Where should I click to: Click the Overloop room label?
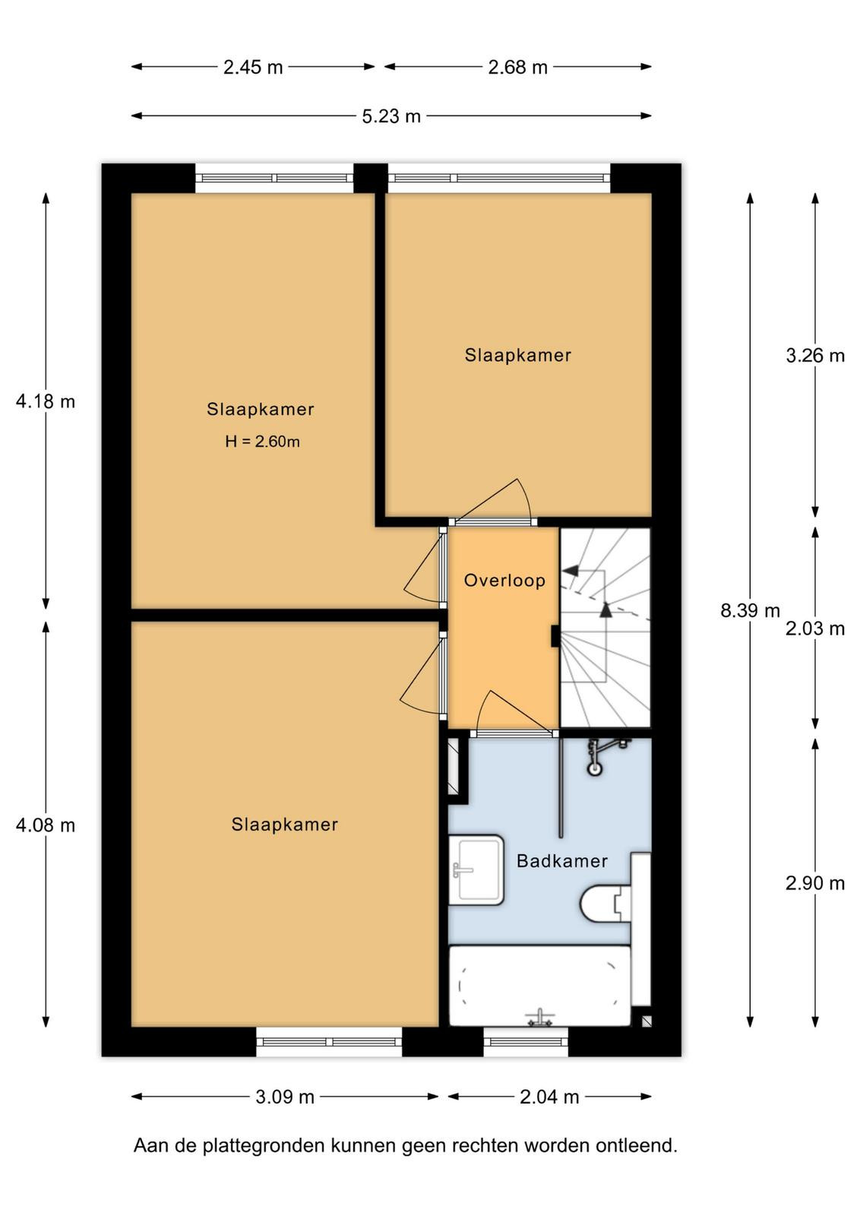pyautogui.click(x=504, y=581)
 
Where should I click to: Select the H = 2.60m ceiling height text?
pyautogui.click(x=262, y=442)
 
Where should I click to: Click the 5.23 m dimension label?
pyautogui.click(x=391, y=116)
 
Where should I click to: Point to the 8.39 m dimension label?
pyautogui.click(x=750, y=611)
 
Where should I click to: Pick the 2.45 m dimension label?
pyautogui.click(x=253, y=68)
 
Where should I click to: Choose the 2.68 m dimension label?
pyautogui.click(x=517, y=68)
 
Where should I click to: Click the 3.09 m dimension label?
pyautogui.click(x=285, y=1097)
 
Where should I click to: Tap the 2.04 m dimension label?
pyautogui.click(x=549, y=1097)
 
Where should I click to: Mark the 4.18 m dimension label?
pyautogui.click(x=46, y=402)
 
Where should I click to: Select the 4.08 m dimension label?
pyautogui.click(x=46, y=825)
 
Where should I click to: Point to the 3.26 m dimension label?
pyautogui.click(x=815, y=356)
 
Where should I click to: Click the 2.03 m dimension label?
pyautogui.click(x=815, y=629)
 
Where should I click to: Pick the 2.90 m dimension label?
pyautogui.click(x=815, y=883)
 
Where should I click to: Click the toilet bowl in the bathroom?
pyautogui.click(x=605, y=904)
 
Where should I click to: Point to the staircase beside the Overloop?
pyautogui.click(x=605, y=628)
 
